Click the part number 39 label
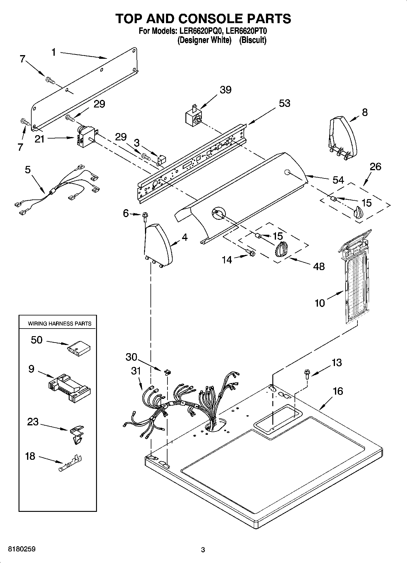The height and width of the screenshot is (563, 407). click(226, 90)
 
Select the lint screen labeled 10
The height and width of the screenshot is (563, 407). click(356, 282)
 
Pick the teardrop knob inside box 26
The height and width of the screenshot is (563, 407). click(359, 212)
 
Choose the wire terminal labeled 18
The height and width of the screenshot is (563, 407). click(70, 463)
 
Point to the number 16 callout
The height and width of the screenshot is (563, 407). click(338, 391)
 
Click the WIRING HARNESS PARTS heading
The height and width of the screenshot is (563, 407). click(60, 324)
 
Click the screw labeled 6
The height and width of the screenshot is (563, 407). click(144, 215)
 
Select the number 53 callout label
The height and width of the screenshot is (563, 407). click(284, 103)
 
